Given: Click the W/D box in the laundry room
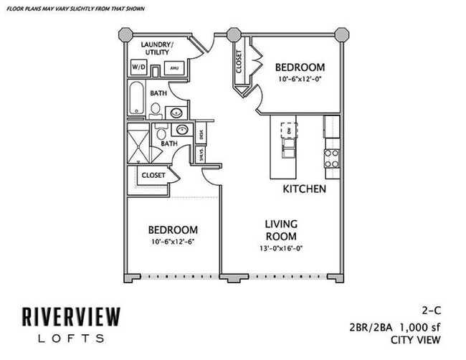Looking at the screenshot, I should (x=138, y=67).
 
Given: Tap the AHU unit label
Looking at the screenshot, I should (x=173, y=68).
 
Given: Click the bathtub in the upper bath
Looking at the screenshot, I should (x=137, y=98).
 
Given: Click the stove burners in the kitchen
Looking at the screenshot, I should (x=331, y=158).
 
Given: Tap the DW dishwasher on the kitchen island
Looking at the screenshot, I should (x=289, y=131).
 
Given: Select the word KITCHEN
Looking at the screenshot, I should (x=304, y=189).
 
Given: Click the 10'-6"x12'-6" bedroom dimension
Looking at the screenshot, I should (x=173, y=242).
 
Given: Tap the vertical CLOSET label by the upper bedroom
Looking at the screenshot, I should (x=238, y=62).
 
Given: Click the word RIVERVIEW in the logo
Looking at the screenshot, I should (x=70, y=316).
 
